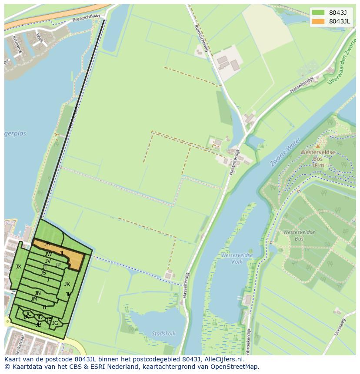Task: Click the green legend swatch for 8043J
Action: click(x=318, y=13)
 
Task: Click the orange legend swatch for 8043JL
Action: click(x=318, y=21)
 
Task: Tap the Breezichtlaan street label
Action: click(x=86, y=17)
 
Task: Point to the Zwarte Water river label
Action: click(x=286, y=152)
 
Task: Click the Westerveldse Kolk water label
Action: click(x=237, y=258)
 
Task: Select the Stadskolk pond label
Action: click(x=163, y=334)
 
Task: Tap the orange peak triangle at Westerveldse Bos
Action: click(x=318, y=146)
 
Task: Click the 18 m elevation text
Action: click(x=318, y=165)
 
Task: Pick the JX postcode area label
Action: click(x=18, y=266)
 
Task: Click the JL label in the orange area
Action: click(x=62, y=253)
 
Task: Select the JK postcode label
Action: click(x=67, y=284)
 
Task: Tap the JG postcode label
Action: click(x=55, y=323)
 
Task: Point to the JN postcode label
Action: click(x=38, y=293)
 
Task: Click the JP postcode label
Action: click(x=58, y=265)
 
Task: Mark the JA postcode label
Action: click(x=26, y=318)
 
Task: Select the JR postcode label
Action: click(x=47, y=244)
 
